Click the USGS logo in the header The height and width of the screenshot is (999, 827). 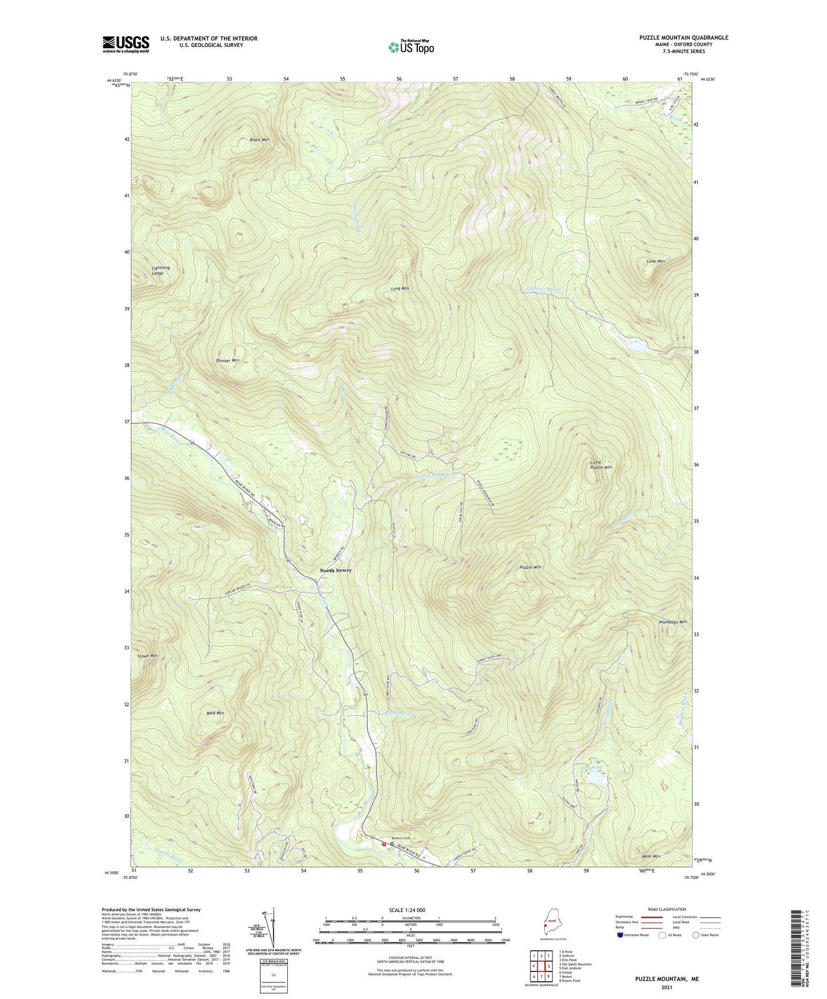pyautogui.click(x=126, y=44)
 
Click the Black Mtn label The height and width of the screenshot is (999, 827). pyautogui.click(x=259, y=140)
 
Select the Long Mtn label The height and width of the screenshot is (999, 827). pyautogui.click(x=399, y=288)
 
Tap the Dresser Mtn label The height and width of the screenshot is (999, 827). pyautogui.click(x=228, y=360)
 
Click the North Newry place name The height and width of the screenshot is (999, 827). pyautogui.click(x=335, y=570)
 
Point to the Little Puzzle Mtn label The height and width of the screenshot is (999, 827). pyautogui.click(x=601, y=465)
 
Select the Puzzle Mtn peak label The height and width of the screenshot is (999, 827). pyautogui.click(x=530, y=567)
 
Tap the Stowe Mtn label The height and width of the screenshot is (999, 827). pyautogui.click(x=148, y=656)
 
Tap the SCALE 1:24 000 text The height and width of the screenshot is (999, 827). pyautogui.click(x=406, y=910)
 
